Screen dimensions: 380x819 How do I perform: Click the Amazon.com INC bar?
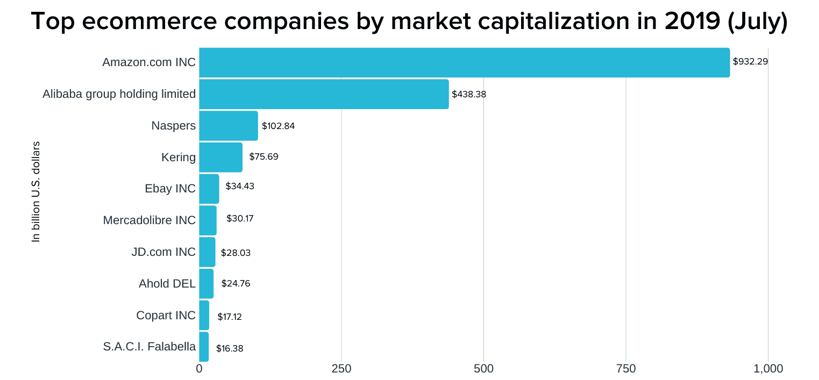464,62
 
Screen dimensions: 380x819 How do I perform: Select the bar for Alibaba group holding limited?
324,94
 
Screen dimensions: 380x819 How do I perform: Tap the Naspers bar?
228,126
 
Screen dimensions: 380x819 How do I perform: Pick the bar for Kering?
220,157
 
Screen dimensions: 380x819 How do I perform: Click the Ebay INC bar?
209,189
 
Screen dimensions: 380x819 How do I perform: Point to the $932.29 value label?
750,61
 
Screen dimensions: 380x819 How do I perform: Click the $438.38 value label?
469,94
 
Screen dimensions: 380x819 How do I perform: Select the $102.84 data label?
278,126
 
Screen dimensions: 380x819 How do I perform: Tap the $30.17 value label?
240,219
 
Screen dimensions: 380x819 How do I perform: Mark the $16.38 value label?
230,348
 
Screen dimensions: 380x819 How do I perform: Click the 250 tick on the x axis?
341,369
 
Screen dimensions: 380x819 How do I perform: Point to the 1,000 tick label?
768,369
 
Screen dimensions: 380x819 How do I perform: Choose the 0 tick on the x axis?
199,369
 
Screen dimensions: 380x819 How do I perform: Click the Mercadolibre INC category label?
149,220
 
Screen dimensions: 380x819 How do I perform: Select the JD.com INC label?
163,252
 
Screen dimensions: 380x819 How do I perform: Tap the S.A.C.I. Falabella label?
149,347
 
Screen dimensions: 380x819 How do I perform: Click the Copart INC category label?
166,316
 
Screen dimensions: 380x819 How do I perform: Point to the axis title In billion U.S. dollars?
36,191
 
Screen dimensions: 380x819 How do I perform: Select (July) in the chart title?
757,21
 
